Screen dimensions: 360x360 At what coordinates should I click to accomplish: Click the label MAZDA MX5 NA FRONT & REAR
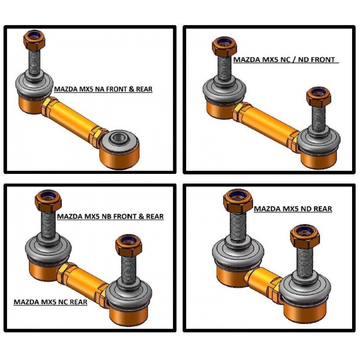click(x=103, y=89)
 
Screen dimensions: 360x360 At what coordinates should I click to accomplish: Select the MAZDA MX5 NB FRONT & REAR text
click(x=110, y=216)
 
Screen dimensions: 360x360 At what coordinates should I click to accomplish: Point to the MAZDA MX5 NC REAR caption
click(x=50, y=302)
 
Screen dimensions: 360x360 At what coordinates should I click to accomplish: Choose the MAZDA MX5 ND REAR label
click(x=293, y=209)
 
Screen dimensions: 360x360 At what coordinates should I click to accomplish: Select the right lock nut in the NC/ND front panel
click(x=319, y=96)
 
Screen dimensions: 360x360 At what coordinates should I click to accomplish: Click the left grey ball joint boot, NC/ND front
click(x=224, y=89)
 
